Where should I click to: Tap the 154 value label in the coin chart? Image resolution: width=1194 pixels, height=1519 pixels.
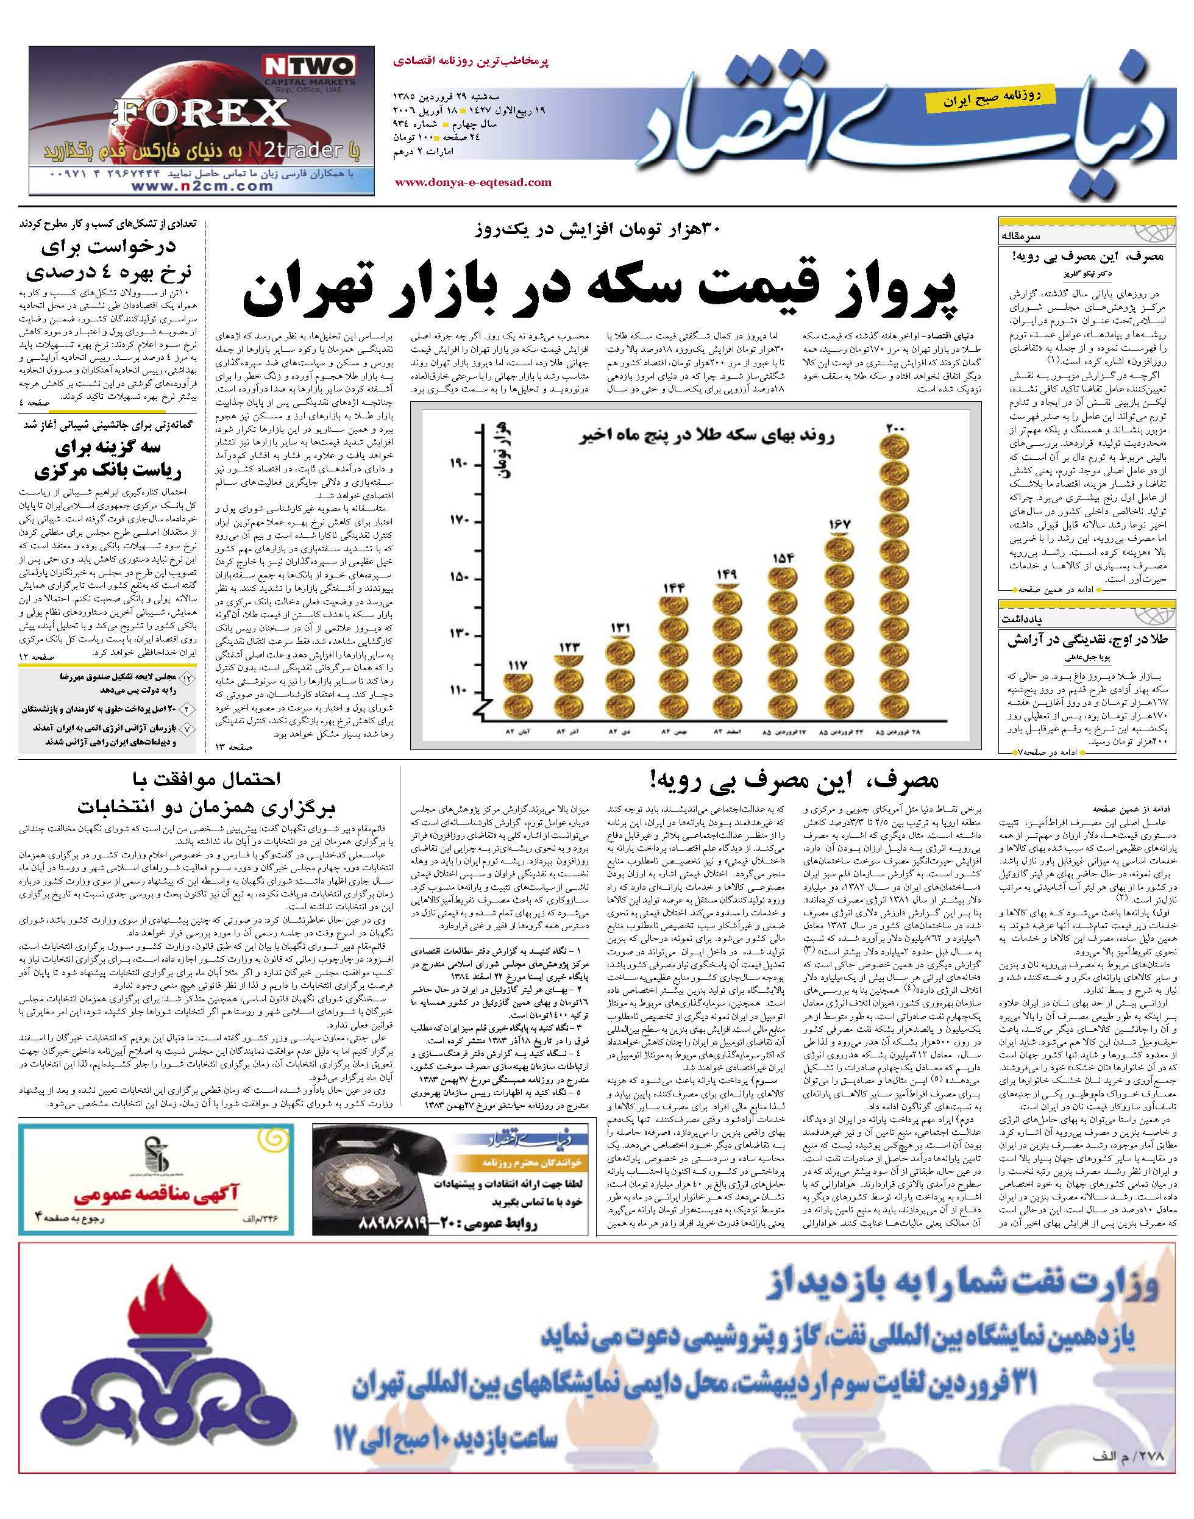point(783,558)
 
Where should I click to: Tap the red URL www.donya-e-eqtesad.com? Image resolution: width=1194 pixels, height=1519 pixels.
point(473,182)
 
